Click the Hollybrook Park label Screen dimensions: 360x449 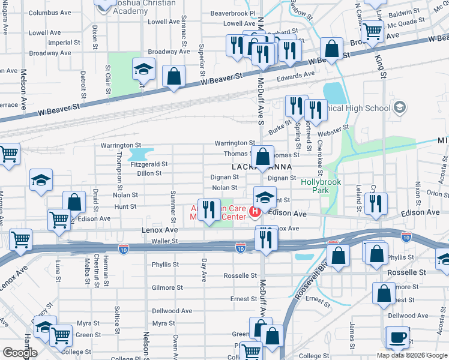319,185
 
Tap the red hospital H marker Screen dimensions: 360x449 255,212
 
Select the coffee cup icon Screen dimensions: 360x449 397,337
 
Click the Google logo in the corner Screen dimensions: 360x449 19,352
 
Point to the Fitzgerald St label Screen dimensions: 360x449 149,164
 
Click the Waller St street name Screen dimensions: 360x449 165,241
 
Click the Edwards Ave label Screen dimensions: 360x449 295,75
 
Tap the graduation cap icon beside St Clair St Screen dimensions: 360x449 143,70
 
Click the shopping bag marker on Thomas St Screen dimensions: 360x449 262,157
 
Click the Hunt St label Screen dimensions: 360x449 125,206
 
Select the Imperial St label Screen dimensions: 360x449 64,43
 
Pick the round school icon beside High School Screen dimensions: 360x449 399,108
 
